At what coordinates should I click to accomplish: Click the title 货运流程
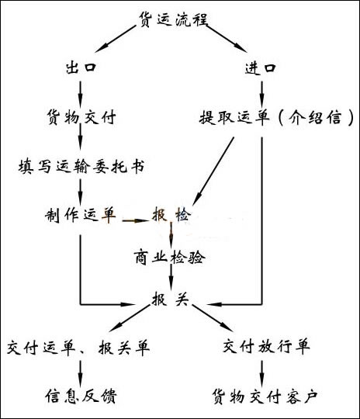tap(173, 19)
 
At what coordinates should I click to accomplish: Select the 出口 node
tap(81, 67)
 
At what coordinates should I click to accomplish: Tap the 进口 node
tap(261, 68)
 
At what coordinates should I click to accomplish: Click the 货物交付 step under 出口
tap(81, 116)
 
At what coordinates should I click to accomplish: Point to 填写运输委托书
tap(81, 166)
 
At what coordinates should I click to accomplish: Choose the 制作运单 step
tap(81, 215)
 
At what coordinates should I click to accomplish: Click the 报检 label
tap(171, 214)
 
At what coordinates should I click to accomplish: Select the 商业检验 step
tap(169, 258)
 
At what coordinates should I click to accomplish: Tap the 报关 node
tap(170, 299)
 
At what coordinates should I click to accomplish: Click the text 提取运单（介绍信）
tap(276, 117)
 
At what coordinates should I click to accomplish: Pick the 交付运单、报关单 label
tap(78, 348)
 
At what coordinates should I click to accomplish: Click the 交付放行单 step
tap(266, 346)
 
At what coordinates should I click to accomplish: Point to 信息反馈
tap(81, 396)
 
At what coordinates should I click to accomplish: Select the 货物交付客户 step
tap(265, 396)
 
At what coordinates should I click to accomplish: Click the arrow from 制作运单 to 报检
tap(135, 220)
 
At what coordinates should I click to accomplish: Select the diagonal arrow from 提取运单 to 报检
tap(213, 171)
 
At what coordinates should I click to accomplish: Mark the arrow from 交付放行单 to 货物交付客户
tap(261, 374)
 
